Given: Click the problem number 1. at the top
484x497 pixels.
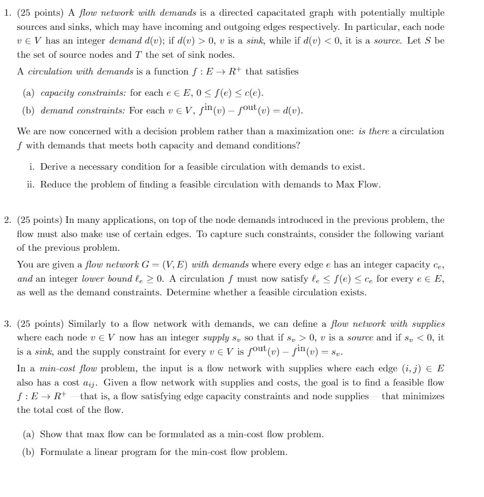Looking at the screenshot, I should [7, 13].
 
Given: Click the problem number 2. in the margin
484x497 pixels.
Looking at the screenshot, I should [7, 220].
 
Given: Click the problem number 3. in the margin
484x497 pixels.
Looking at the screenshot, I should [7, 323].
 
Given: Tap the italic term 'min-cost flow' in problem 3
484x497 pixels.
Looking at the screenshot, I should [56, 368].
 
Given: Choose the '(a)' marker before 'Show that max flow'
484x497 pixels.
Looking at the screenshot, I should [29, 434].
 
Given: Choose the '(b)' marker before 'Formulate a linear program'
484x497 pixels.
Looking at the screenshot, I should [29, 451].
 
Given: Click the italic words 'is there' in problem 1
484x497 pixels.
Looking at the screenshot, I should [375, 131].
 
